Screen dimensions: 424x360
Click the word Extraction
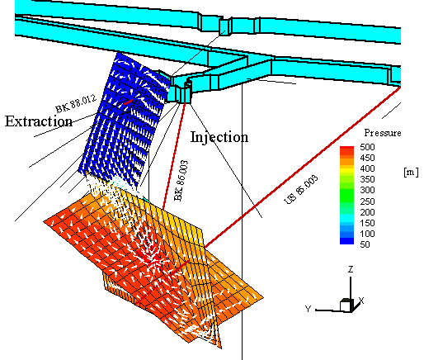(x=39, y=121)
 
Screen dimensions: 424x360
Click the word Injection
(x=219, y=137)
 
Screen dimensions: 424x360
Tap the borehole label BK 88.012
(x=76, y=103)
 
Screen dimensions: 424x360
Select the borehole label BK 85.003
(x=181, y=181)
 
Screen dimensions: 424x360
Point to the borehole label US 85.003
(x=301, y=189)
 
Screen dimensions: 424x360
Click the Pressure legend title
(x=383, y=133)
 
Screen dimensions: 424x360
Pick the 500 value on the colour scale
(x=367, y=147)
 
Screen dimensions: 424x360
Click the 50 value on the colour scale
(x=365, y=244)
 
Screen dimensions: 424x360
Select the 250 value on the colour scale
(x=367, y=201)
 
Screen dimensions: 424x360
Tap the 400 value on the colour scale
(x=367, y=168)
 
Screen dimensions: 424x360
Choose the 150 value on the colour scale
(x=367, y=223)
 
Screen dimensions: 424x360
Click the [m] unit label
(x=411, y=173)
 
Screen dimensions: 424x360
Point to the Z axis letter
(x=351, y=269)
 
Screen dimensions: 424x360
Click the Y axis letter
(x=309, y=309)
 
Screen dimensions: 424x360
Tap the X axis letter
(x=361, y=301)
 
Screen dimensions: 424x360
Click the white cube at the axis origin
(x=346, y=305)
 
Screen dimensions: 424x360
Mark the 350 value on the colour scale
(x=367, y=179)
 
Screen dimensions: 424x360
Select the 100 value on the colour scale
(x=367, y=234)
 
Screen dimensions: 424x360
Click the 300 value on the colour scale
(x=367, y=190)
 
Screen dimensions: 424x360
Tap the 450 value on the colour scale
(x=367, y=158)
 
